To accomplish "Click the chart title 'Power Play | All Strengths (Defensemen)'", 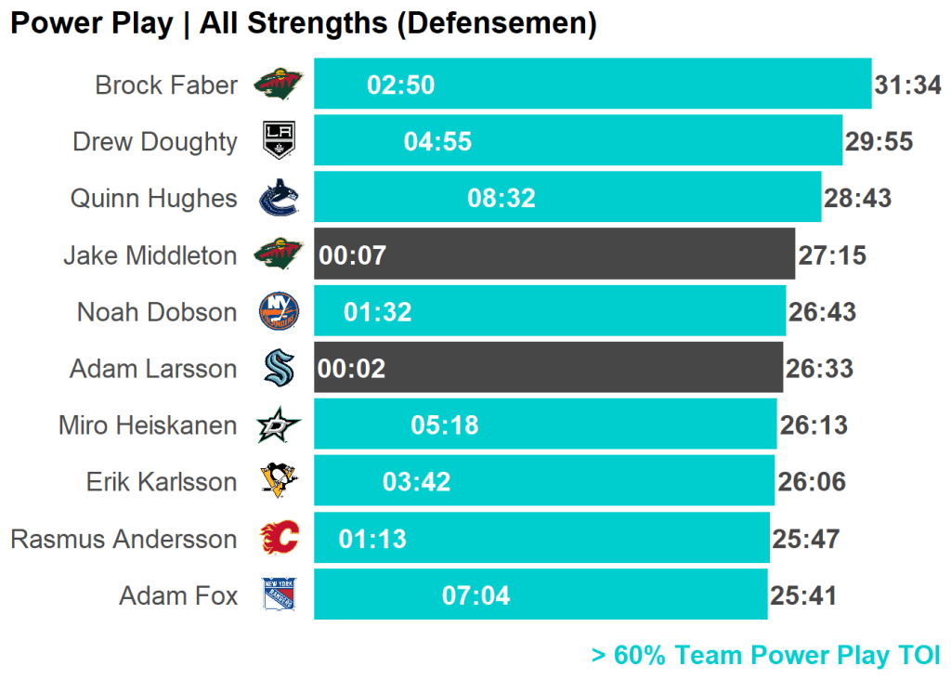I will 303,23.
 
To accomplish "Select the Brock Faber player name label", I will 166,85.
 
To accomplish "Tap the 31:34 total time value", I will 907,85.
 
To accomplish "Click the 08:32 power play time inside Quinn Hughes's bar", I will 502,198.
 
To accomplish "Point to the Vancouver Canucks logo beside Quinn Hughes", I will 279,198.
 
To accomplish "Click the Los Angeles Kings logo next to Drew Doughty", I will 279,141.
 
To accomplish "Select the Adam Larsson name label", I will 153,369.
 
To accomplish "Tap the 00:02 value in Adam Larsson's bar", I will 351,369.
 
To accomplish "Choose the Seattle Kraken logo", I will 279,369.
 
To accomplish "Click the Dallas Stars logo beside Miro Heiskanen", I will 279,425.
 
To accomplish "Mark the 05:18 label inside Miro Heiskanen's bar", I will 445,425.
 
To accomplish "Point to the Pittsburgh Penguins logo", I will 279,482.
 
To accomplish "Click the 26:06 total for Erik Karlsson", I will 812,482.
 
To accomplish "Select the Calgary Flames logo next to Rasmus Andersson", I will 279,539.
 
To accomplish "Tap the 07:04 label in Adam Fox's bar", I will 476,595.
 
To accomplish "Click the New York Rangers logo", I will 279,595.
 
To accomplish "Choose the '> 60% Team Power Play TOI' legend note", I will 765,656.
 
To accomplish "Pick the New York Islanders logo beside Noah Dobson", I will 279,312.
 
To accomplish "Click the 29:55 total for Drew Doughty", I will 879,142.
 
